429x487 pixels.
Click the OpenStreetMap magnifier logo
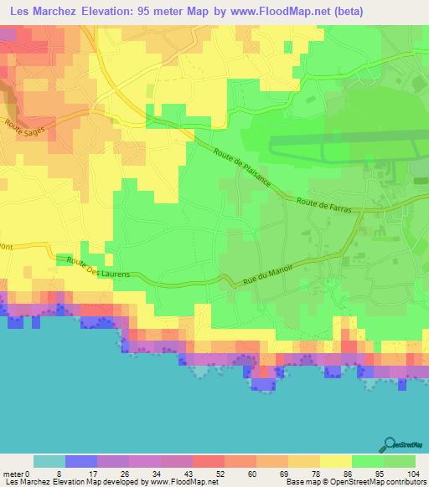(390, 443)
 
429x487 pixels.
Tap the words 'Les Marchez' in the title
(40, 11)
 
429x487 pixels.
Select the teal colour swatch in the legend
(49, 461)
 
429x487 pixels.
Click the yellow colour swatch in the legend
(336, 461)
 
